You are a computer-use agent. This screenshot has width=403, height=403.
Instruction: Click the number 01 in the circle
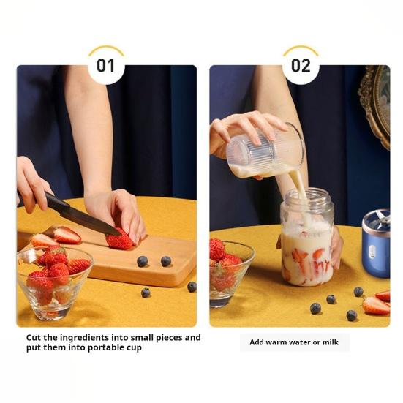coord(105,66)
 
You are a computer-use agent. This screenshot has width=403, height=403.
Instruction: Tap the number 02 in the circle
coord(301,66)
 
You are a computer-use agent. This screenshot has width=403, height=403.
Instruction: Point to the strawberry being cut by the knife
coord(119,241)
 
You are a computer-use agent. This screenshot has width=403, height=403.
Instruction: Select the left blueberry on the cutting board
coord(142,261)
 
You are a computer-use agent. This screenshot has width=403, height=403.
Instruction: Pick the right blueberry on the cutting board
coord(166,261)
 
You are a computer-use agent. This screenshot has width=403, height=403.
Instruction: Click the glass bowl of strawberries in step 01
coord(54,283)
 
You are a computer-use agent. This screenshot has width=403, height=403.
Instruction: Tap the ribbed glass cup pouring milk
coord(266,151)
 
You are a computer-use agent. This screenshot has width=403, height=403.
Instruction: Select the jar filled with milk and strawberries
coord(307,237)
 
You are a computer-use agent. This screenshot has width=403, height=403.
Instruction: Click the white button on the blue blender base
coord(372,252)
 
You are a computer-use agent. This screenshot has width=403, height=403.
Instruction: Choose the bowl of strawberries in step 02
coord(230,272)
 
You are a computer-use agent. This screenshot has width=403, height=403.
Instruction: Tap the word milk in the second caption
coord(331,342)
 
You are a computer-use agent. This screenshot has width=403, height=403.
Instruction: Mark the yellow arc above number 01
coord(106,48)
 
